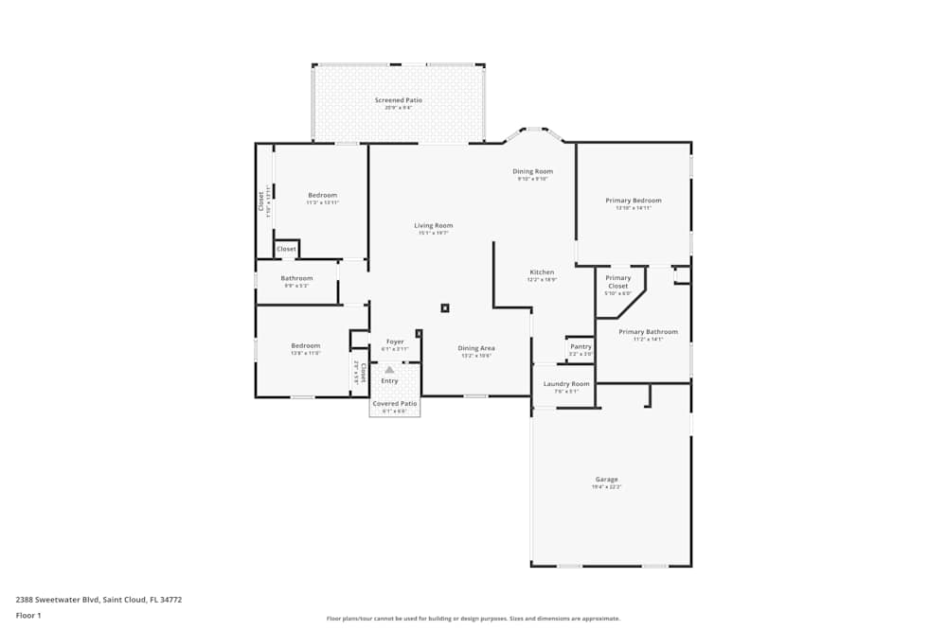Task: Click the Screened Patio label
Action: click(x=398, y=100)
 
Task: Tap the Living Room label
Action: click(x=433, y=225)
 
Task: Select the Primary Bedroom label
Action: click(x=633, y=201)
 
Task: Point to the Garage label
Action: click(x=606, y=479)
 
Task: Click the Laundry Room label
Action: click(x=566, y=384)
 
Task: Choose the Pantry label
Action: click(x=581, y=346)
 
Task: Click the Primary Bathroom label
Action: click(x=648, y=332)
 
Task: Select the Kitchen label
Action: click(x=542, y=272)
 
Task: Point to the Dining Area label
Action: click(x=476, y=348)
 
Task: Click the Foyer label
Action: click(x=395, y=342)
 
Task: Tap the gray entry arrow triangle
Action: click(x=389, y=370)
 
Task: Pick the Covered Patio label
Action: click(x=394, y=404)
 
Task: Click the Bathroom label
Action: click(x=296, y=278)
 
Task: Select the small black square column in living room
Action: click(x=444, y=307)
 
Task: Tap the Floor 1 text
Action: click(x=28, y=615)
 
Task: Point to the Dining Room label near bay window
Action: click(x=532, y=171)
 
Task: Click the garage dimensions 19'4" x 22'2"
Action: click(x=606, y=486)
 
